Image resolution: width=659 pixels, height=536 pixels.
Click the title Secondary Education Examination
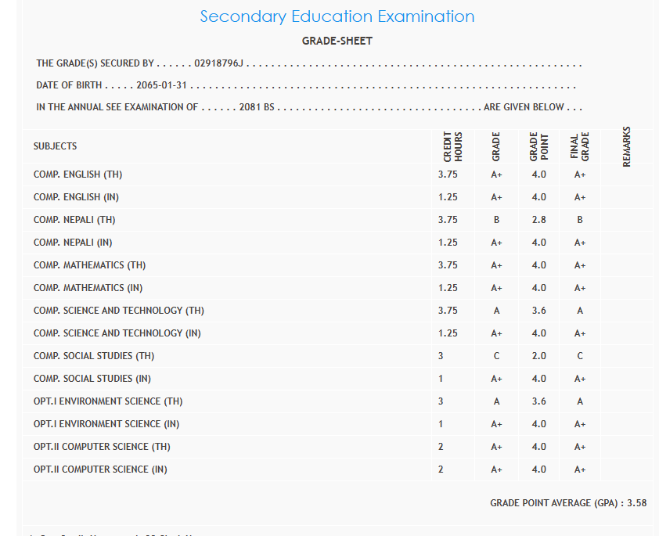tap(337, 16)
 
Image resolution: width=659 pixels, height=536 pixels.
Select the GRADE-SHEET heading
tap(337, 41)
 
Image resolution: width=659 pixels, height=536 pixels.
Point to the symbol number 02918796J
tap(220, 63)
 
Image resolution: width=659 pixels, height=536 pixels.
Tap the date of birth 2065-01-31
tap(162, 85)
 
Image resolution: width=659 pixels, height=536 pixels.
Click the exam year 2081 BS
tap(257, 107)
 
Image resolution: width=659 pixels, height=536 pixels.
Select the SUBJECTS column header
tap(56, 146)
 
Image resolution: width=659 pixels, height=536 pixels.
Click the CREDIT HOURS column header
tap(453, 146)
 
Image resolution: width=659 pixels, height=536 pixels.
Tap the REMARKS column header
tap(627, 146)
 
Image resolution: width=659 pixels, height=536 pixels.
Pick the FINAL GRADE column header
tap(579, 146)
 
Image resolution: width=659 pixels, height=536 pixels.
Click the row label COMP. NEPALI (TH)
tap(74, 220)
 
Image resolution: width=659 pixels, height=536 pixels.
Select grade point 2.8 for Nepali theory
tap(538, 220)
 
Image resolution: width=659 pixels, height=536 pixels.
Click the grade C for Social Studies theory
tap(496, 356)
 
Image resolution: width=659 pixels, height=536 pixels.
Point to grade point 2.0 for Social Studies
tap(538, 356)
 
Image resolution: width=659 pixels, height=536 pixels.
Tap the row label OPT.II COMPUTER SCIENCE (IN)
tap(100, 469)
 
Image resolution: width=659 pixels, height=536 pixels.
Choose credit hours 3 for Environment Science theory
tap(441, 401)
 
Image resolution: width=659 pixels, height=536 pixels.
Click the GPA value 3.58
tap(637, 503)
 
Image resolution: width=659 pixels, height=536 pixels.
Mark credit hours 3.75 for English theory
tap(448, 174)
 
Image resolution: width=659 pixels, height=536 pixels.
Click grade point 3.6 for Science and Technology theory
tap(538, 311)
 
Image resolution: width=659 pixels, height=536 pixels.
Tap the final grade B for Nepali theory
tap(580, 220)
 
